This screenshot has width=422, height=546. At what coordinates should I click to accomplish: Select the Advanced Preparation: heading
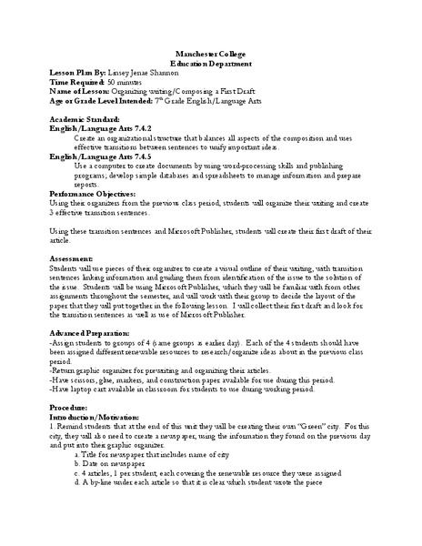click(x=92, y=337)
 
